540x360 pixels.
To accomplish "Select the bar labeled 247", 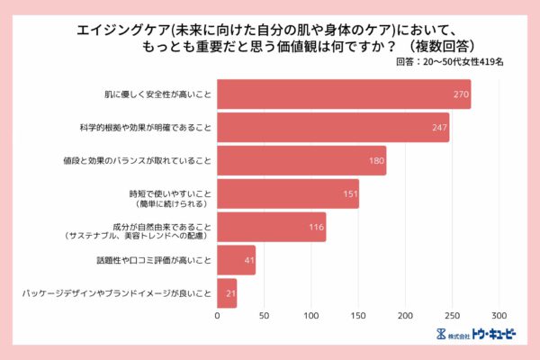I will (333, 127).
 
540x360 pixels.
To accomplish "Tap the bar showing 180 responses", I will (301, 160).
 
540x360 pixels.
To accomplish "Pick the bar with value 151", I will (288, 193).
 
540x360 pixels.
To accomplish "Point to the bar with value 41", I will (237, 260).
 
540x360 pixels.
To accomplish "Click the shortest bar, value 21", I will (227, 293).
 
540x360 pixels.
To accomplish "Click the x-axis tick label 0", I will (218, 317).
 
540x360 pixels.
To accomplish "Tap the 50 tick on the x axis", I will (265, 317).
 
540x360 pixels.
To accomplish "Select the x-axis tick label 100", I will (311, 317).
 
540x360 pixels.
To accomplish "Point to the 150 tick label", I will (358, 317).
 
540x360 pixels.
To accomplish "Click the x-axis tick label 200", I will (405, 317).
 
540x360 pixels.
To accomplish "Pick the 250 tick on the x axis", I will (452, 317).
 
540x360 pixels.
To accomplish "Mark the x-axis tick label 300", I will (499, 317).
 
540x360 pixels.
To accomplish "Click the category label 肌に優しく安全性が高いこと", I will (157, 94).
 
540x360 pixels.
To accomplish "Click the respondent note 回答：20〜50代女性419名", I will (450, 63).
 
